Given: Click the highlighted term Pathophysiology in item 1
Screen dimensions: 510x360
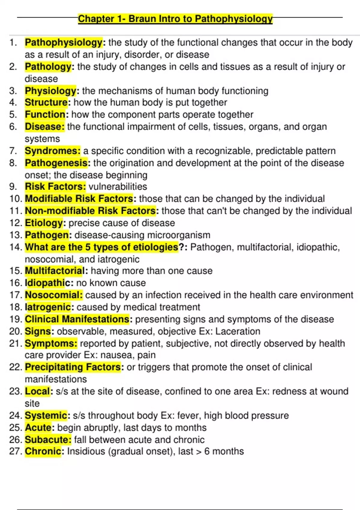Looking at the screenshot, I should [x=64, y=43].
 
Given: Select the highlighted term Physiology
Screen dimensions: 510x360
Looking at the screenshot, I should [x=51, y=91].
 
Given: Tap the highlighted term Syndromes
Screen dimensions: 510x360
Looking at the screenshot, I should [x=52, y=151].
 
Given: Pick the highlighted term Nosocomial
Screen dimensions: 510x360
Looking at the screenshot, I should [x=53, y=295].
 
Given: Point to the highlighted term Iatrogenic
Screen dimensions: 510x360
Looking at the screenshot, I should [x=48, y=307].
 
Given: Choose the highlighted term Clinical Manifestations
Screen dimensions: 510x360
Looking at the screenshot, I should [x=77, y=319].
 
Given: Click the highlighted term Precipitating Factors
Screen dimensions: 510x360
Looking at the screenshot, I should [x=73, y=367].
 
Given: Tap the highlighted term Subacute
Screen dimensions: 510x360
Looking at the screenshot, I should [x=48, y=439].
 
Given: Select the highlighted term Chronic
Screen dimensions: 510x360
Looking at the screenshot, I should [x=43, y=451].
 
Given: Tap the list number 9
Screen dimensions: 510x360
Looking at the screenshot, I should [x=13, y=187].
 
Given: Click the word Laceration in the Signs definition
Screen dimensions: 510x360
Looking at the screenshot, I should [x=238, y=331].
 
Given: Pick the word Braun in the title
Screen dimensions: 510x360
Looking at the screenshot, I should [x=142, y=19].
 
